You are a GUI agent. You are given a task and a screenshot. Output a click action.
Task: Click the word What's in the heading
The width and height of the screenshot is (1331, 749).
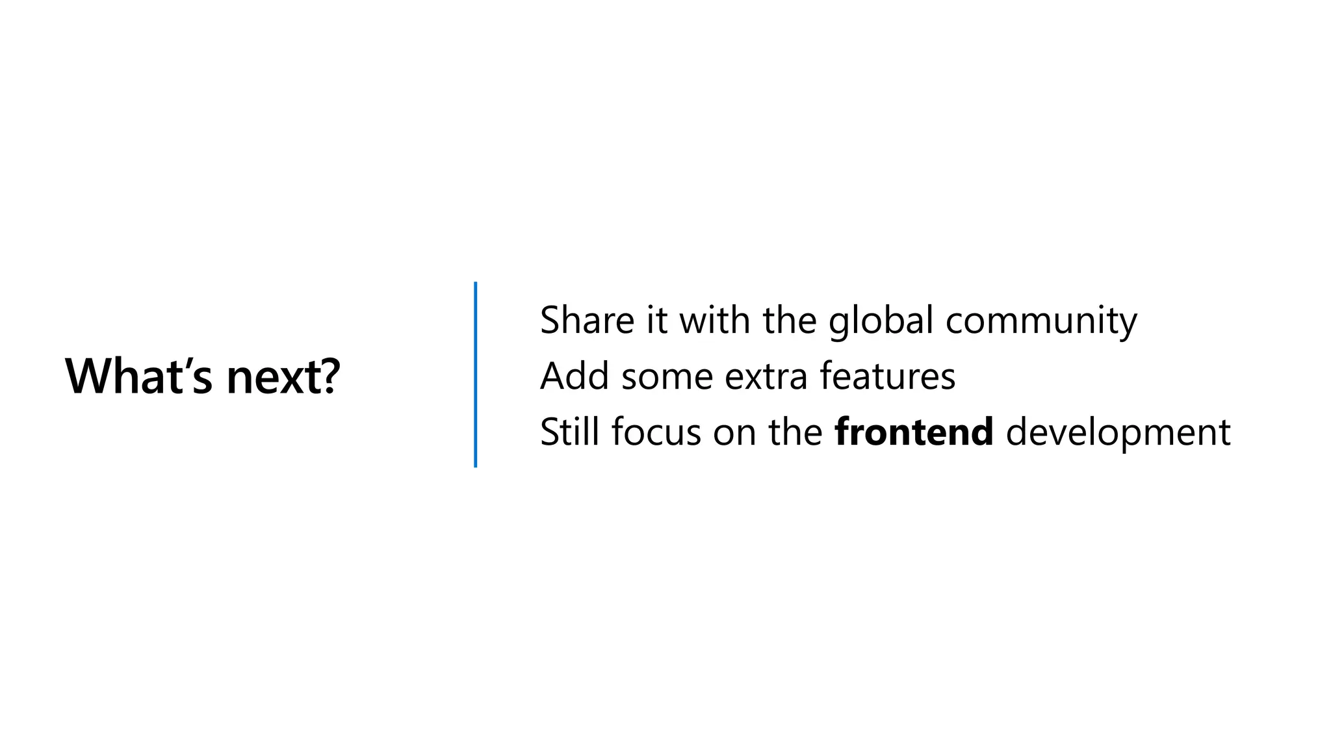pyautogui.click(x=138, y=376)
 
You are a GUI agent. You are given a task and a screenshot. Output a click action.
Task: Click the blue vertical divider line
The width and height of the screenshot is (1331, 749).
pyautogui.click(x=476, y=374)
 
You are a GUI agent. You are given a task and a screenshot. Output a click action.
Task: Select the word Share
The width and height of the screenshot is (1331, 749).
pyautogui.click(x=587, y=320)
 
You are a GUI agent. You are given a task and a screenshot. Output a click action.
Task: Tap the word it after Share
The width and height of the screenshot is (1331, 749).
pyautogui.click(x=656, y=320)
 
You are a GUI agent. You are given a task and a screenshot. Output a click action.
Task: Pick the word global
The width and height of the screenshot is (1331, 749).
pyautogui.click(x=881, y=321)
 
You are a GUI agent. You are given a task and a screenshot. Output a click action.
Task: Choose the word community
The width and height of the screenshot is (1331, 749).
pyautogui.click(x=1041, y=321)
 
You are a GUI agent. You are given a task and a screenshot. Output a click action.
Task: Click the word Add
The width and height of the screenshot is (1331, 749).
pyautogui.click(x=575, y=376)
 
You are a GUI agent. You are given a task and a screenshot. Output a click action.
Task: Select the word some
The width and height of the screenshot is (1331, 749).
pyautogui.click(x=667, y=376)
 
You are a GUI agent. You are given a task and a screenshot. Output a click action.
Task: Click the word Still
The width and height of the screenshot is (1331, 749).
pyautogui.click(x=569, y=432)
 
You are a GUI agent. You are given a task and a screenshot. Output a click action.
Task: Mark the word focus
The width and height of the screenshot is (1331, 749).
pyautogui.click(x=656, y=432)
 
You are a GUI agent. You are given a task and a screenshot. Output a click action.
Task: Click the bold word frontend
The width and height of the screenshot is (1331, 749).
pyautogui.click(x=914, y=432)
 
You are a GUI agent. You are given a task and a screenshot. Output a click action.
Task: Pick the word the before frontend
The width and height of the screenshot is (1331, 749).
pyautogui.click(x=795, y=432)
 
